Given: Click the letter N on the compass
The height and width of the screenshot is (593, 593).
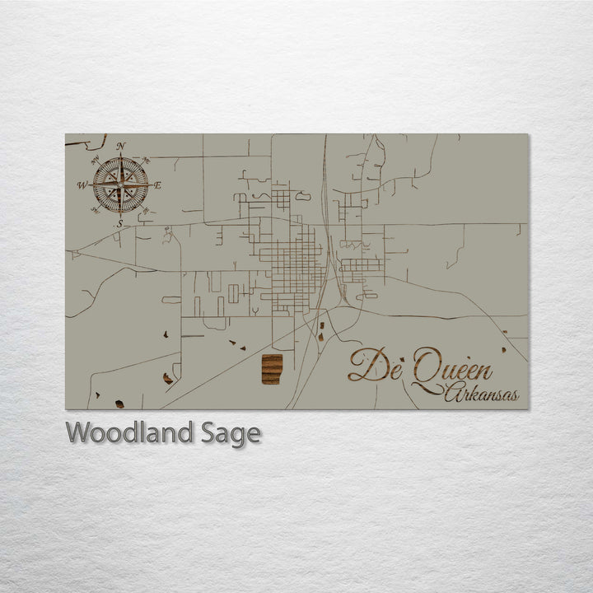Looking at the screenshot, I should [121, 147].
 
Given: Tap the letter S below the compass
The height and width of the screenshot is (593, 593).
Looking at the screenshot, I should [119, 223].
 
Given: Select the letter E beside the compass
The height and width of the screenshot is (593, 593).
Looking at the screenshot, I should [158, 185].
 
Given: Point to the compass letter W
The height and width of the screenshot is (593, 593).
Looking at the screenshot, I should [82, 185].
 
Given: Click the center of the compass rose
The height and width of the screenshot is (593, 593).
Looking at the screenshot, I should [120, 185].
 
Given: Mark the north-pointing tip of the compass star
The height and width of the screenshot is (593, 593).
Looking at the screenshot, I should [121, 156].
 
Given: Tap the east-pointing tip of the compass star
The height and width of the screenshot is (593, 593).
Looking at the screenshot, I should [149, 185].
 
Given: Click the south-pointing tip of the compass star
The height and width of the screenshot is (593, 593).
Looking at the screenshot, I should [120, 214].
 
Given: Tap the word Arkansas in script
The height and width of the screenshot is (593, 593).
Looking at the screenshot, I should [482, 395].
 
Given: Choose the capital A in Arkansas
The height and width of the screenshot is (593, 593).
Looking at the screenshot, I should [452, 395].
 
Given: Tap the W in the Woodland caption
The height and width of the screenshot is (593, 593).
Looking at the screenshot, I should [78, 432].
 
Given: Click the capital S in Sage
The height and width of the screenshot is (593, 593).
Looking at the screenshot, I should [208, 432].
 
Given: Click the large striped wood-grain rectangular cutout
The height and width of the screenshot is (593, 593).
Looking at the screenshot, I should [272, 369].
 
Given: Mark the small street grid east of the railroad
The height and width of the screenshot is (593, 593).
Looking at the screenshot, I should [361, 265].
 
